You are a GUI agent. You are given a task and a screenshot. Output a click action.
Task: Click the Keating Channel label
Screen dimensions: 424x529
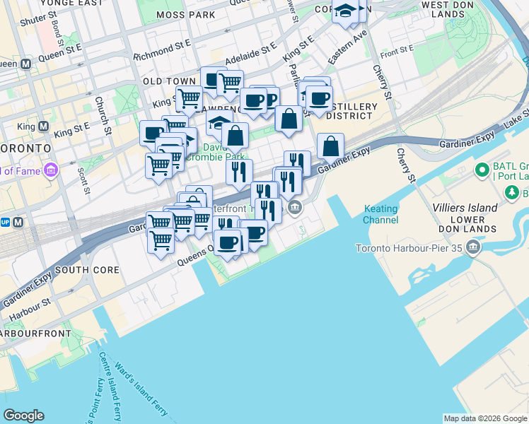381,214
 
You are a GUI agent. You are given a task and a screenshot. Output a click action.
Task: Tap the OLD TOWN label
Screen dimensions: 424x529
169,81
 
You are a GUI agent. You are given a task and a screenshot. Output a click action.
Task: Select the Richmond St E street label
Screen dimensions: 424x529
163,52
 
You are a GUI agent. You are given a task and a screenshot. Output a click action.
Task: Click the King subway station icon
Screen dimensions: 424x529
42,128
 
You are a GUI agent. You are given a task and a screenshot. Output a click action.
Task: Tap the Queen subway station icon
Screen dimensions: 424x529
26,64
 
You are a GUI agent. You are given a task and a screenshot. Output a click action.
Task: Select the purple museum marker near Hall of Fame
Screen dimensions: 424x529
50,170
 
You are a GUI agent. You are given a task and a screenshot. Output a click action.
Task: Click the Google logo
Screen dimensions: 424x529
23,416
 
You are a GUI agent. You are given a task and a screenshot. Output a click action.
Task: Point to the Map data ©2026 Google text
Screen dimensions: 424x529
485,418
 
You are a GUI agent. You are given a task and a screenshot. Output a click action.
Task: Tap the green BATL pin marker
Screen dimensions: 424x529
482,170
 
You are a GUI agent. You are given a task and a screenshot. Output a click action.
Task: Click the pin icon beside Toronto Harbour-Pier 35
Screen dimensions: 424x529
472,248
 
